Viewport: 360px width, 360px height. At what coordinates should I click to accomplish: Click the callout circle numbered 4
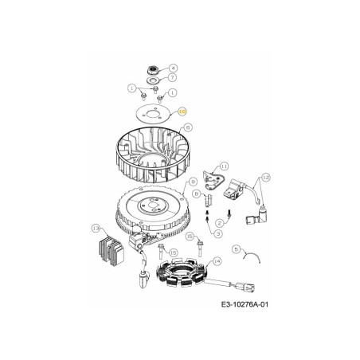pyautogui.click(x=174, y=68)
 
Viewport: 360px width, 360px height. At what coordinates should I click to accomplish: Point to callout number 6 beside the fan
pyautogui.click(x=188, y=127)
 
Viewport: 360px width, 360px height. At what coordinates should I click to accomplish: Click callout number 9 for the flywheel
pyautogui.click(x=193, y=182)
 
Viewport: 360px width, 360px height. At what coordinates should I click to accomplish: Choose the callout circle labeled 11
pyautogui.click(x=224, y=166)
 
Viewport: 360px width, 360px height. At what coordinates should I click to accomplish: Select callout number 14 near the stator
pyautogui.click(x=217, y=261)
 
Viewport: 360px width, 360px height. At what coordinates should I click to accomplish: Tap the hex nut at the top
pyautogui.click(x=150, y=68)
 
